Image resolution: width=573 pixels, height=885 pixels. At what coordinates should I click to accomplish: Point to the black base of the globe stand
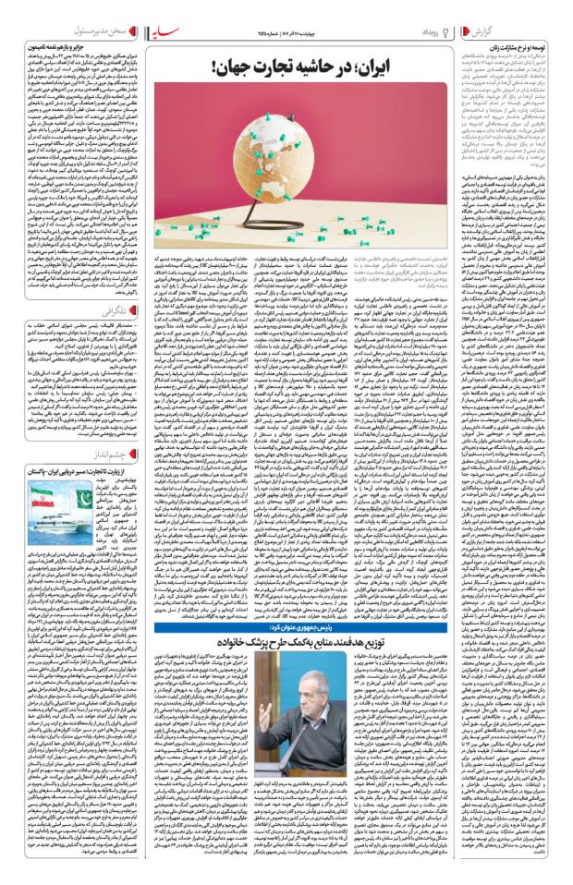pos(278,247)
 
